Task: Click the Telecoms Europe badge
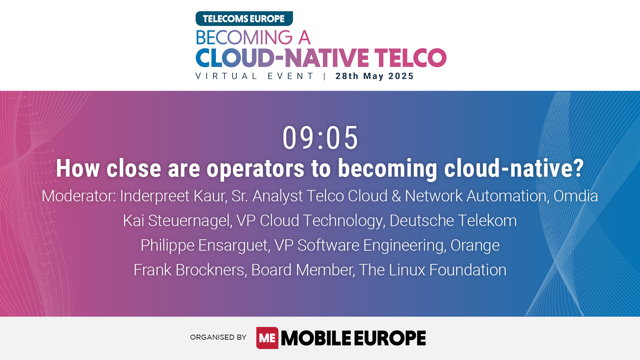pos(244,19)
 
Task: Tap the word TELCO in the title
pos(410,58)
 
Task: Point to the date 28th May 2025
pos(374,76)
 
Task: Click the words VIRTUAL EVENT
pos(255,76)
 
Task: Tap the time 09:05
pos(320,138)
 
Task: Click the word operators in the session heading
pos(255,168)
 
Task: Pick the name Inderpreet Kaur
pos(173,196)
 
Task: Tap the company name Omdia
pos(576,196)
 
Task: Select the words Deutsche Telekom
pos(453,221)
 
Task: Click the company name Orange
pos(475,245)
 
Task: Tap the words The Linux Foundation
pos(432,270)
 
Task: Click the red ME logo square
pos(267,338)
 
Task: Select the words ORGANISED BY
pos(218,337)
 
